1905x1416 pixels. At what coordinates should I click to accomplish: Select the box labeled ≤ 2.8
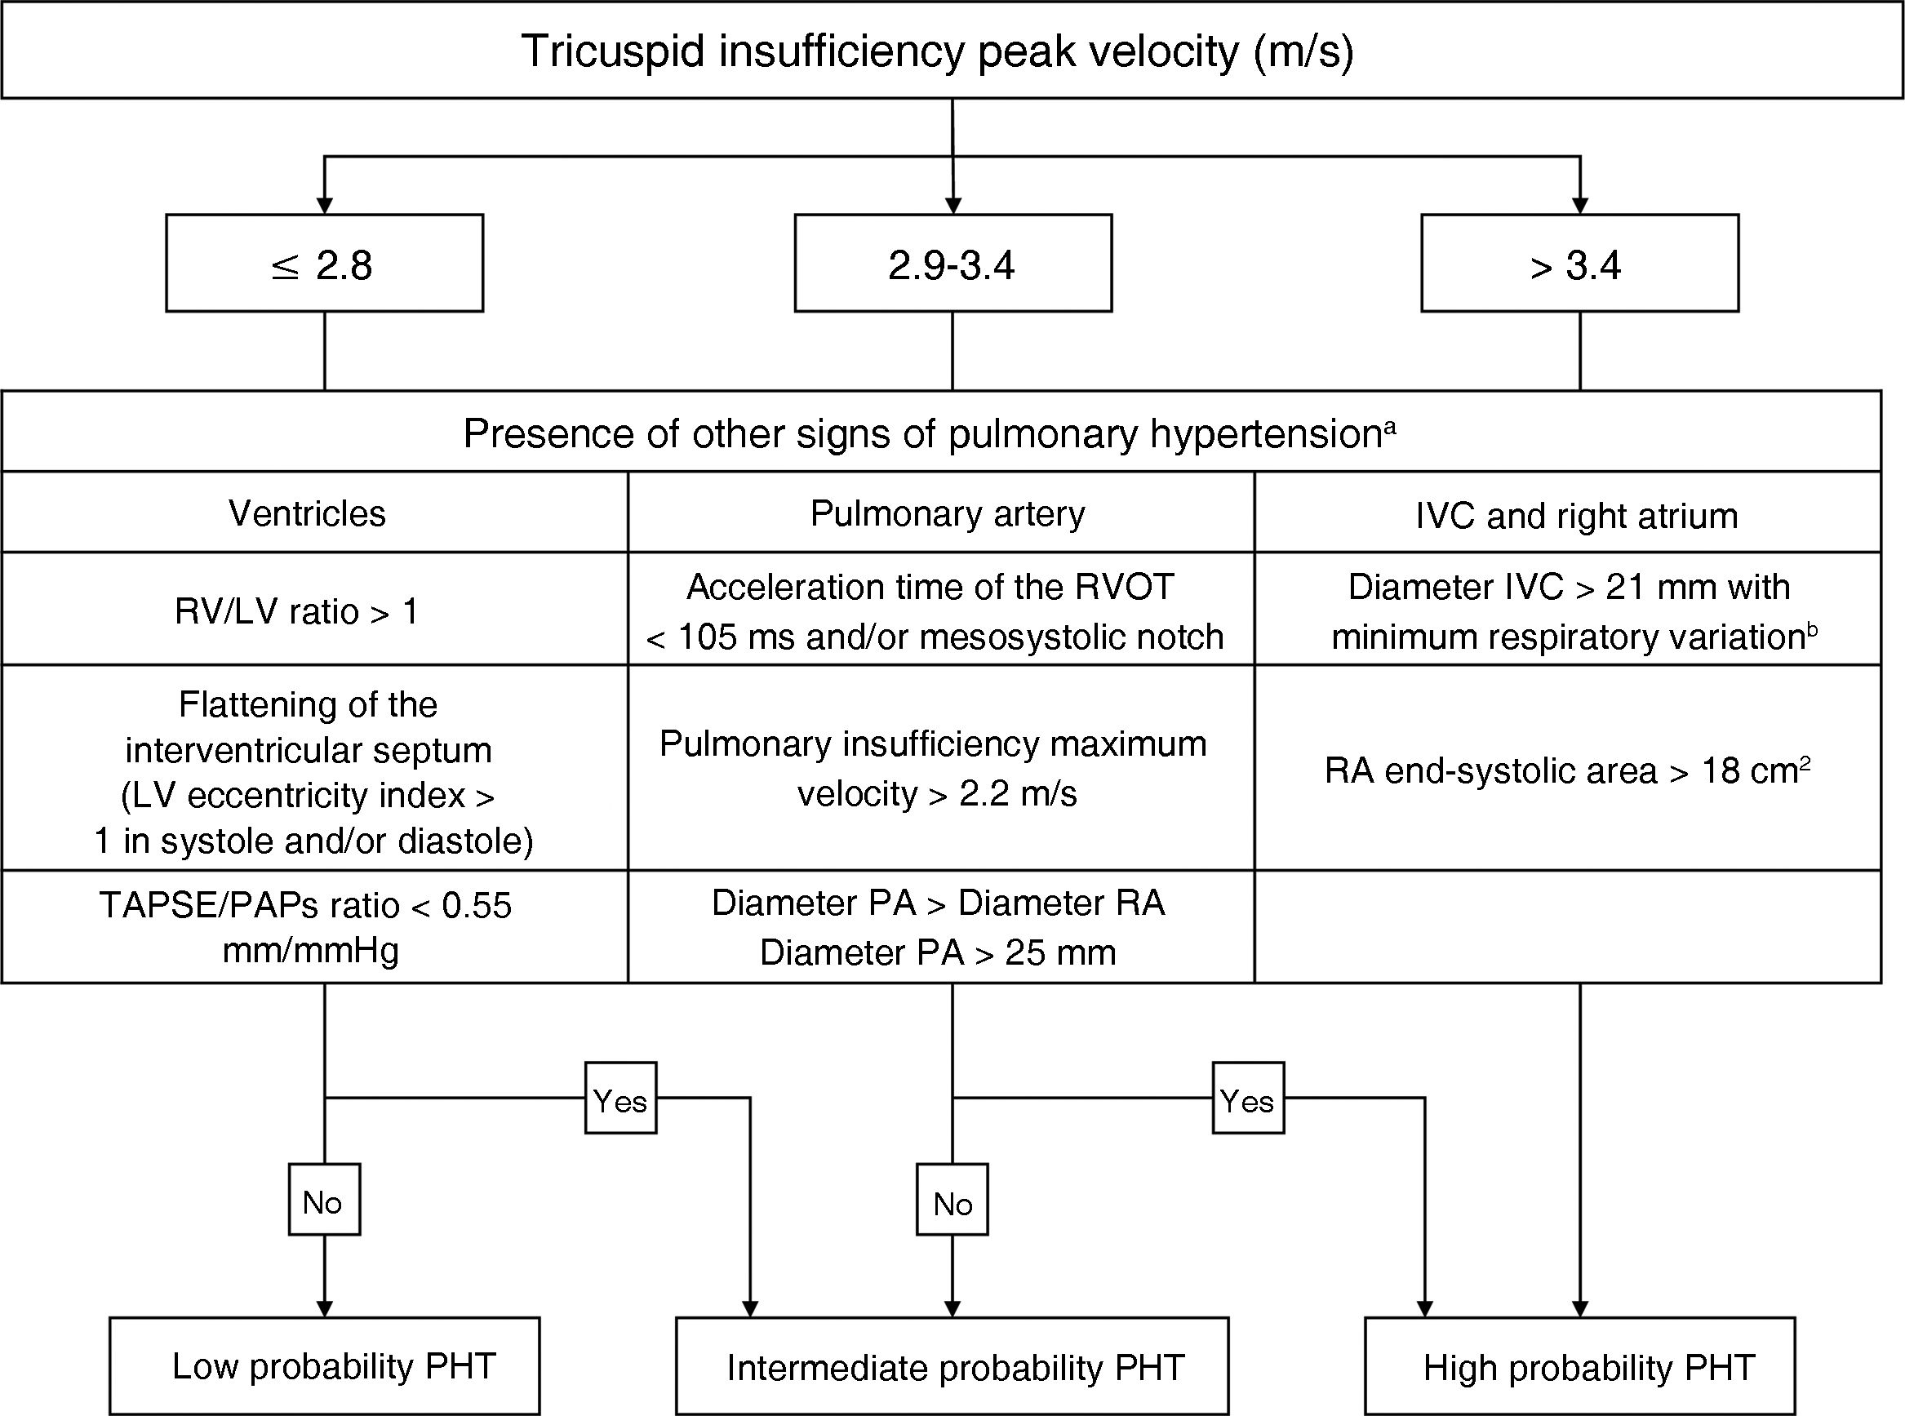click(324, 263)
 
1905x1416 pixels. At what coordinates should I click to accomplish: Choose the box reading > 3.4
click(1579, 263)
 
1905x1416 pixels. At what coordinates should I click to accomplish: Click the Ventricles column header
click(308, 513)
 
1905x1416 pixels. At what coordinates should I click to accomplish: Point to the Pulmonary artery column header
click(947, 513)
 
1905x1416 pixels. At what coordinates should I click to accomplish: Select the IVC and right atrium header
click(1576, 515)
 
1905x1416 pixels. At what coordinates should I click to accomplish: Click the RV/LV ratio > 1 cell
click(296, 611)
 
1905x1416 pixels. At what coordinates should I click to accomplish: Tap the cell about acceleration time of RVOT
click(934, 611)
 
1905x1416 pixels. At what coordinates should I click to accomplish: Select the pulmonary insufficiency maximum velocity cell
click(934, 768)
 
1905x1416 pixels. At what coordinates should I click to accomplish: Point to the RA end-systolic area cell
click(1566, 770)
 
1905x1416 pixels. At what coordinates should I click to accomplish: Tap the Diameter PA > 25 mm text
click(938, 952)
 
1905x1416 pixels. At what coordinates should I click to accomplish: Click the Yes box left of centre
click(620, 1099)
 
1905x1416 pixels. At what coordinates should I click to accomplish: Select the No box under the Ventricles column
click(324, 1201)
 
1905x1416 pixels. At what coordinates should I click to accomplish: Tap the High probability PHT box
click(1579, 1368)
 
